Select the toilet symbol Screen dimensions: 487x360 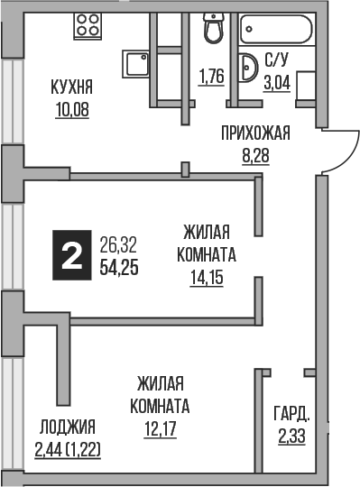point(214,29)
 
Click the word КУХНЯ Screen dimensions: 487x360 point(73,88)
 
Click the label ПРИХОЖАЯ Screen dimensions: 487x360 point(256,134)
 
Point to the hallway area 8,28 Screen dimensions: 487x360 point(256,155)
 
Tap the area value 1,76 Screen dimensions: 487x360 point(210,76)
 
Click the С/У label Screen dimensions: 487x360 point(275,62)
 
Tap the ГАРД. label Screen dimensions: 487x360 point(291,416)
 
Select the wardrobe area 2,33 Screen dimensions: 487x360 point(291,437)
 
